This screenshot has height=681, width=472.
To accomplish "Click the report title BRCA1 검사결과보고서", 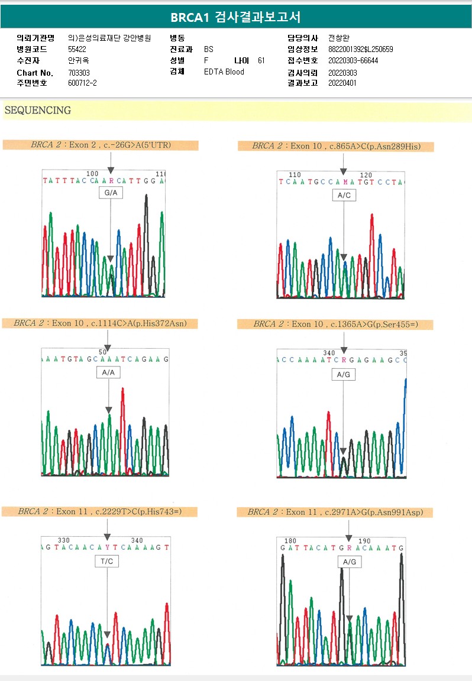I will [235, 18].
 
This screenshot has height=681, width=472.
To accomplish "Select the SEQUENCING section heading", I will [38, 111].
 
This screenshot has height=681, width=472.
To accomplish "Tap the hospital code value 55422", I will [77, 49].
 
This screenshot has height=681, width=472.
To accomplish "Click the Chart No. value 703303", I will [79, 73].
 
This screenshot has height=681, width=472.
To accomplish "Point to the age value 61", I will [261, 61].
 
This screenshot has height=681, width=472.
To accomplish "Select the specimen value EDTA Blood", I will [224, 72].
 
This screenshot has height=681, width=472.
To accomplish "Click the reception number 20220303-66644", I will [353, 61].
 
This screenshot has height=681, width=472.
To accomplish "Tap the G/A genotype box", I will [111, 193].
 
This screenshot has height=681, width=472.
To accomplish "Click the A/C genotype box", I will [344, 195].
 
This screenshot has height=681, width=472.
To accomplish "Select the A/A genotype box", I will [108, 372].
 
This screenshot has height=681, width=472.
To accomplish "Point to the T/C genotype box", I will [107, 561].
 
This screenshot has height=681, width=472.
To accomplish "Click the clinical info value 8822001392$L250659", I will [360, 50].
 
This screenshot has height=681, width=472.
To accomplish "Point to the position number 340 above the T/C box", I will [137, 540].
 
